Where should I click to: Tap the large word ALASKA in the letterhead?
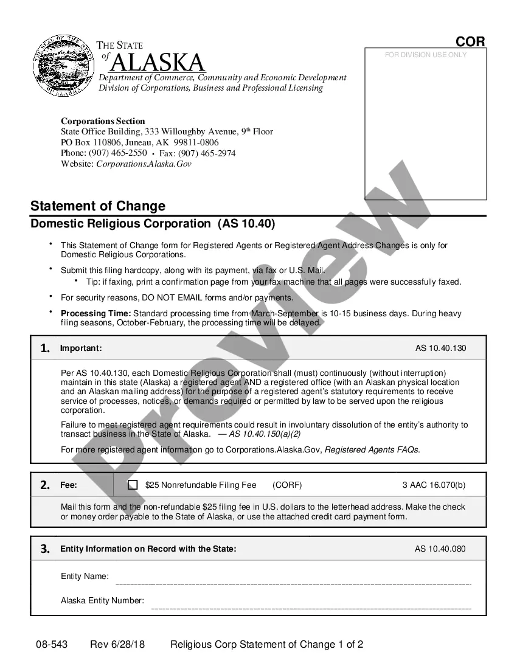click(158, 63)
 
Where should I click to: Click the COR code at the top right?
click(470, 41)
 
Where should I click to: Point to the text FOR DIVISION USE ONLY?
click(426, 55)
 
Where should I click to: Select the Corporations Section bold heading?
click(103, 121)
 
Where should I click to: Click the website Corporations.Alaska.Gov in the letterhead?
click(144, 164)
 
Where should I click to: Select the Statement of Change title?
click(98, 206)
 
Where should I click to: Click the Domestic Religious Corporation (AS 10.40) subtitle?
click(153, 224)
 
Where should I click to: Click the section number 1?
click(45, 348)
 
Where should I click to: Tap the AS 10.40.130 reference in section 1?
click(440, 348)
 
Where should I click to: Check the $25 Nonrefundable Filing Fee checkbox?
click(133, 485)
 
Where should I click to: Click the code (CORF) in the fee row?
click(287, 485)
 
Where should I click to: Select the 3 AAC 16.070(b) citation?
click(434, 485)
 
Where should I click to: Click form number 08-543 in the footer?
click(51, 645)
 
